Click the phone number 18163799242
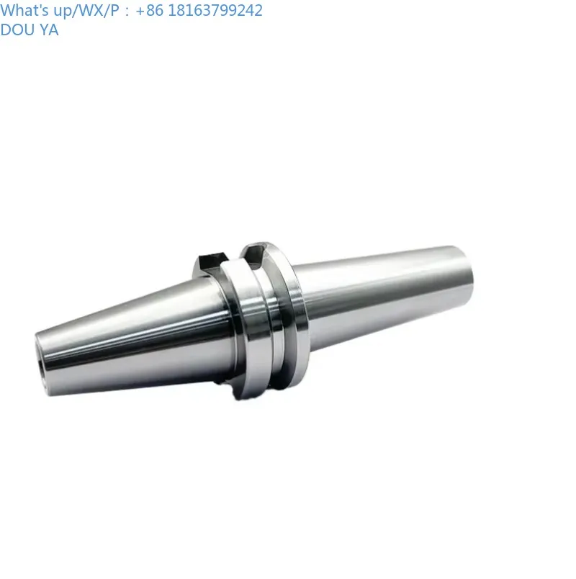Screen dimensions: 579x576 [x=214, y=11]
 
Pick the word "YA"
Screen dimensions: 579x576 [x=50, y=30]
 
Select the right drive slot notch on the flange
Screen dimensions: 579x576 [x=256, y=253]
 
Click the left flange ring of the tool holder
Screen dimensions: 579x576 [x=241, y=324]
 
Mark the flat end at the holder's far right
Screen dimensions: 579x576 [x=468, y=270]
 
